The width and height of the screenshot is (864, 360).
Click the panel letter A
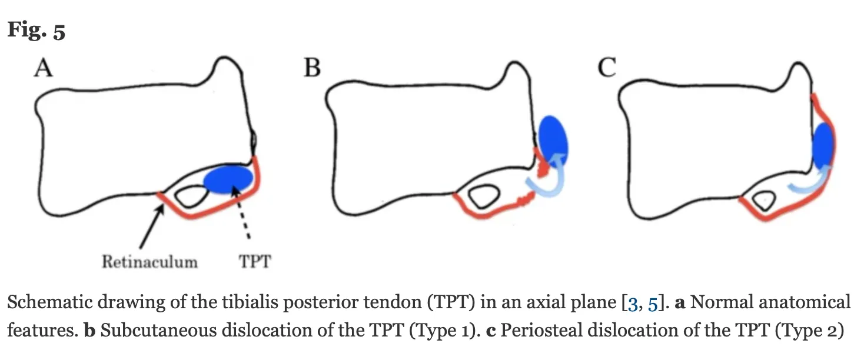coord(44,69)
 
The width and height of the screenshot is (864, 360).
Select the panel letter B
coord(312,69)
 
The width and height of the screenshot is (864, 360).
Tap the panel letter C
coord(606,69)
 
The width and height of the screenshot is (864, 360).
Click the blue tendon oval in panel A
coord(228,179)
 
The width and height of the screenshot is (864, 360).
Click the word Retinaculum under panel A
coord(149,261)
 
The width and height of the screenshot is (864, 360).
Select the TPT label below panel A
coord(255,261)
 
